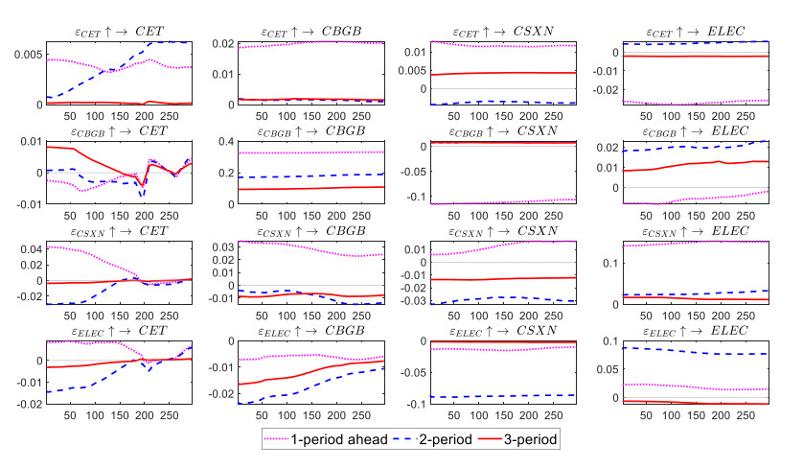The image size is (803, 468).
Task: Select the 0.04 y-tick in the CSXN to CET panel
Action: pos(29,249)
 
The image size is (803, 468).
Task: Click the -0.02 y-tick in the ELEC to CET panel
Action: pos(27,404)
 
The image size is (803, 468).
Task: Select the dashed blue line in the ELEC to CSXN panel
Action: pos(499,396)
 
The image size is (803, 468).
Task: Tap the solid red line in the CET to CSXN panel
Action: pos(499,73)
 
